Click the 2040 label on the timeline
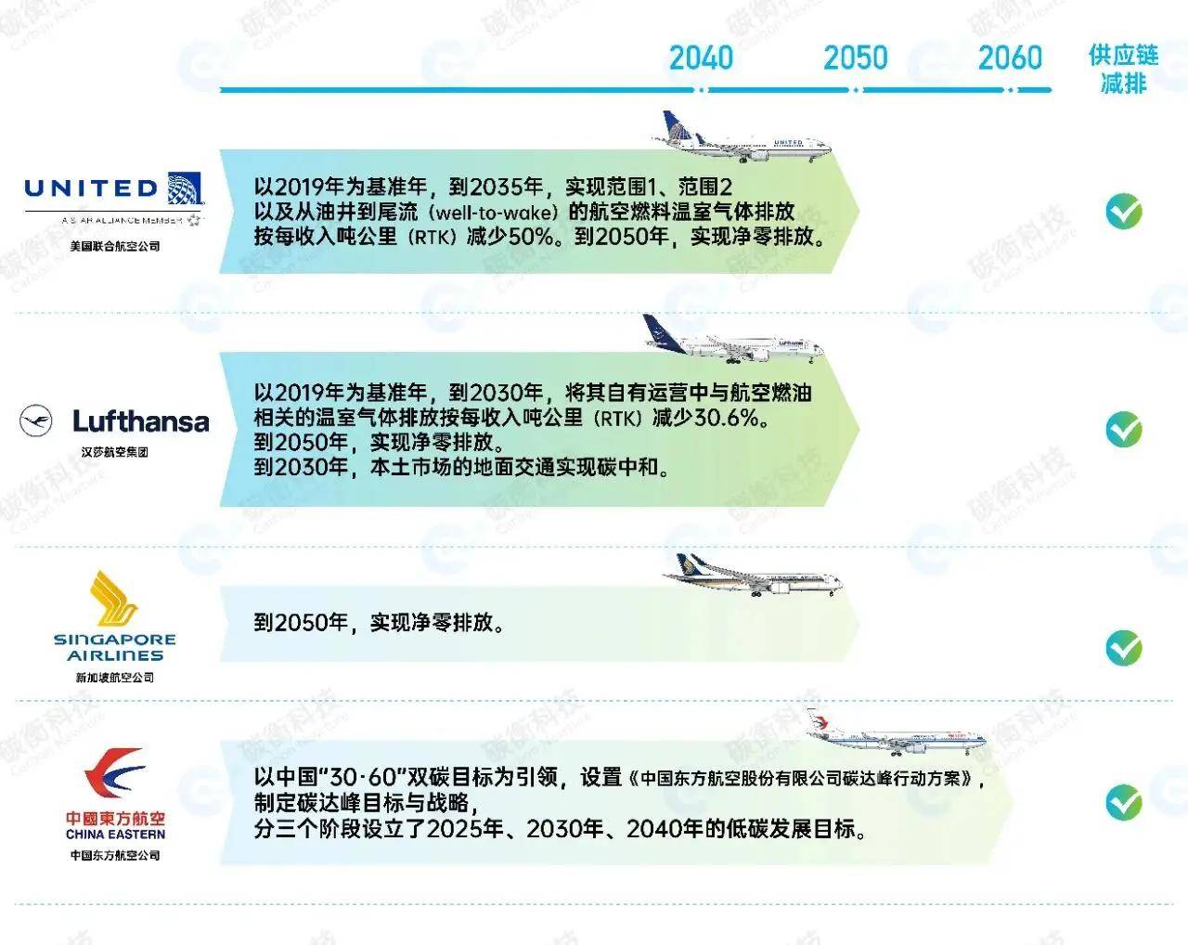(x=701, y=58)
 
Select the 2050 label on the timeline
(x=855, y=58)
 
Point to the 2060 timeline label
(x=1010, y=58)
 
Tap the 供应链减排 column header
(x=1123, y=70)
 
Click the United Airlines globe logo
(x=185, y=188)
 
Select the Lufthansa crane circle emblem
(x=36, y=421)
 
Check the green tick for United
(x=1123, y=212)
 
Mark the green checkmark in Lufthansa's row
(x=1123, y=430)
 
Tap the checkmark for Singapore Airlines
(x=1123, y=647)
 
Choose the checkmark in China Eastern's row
(x=1123, y=802)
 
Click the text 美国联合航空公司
(x=115, y=246)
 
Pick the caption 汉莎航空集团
(x=115, y=452)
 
